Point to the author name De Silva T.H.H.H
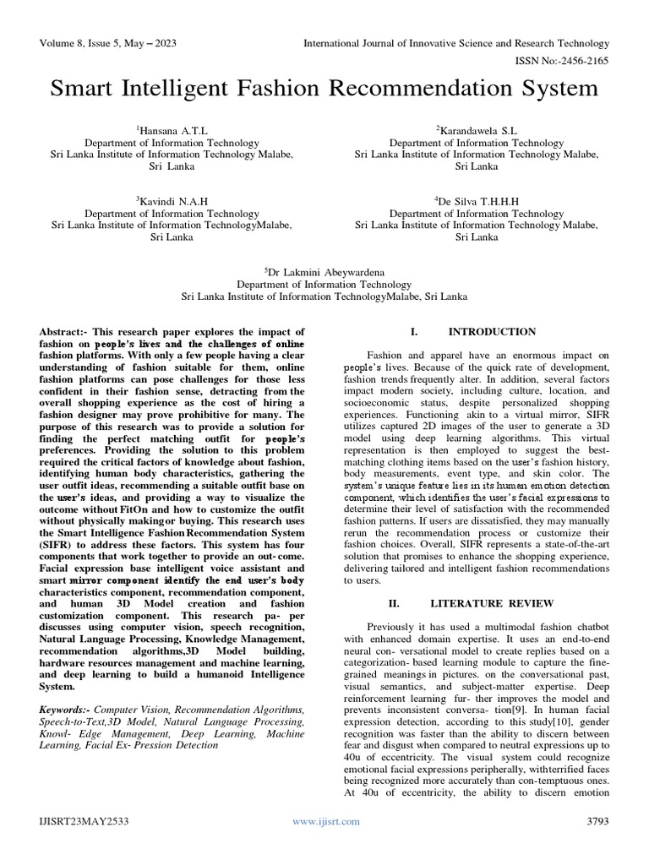click(x=477, y=201)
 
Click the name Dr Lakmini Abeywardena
click(x=325, y=272)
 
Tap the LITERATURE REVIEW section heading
click(x=492, y=604)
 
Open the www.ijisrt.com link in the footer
click(x=325, y=821)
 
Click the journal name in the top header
click(x=456, y=43)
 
